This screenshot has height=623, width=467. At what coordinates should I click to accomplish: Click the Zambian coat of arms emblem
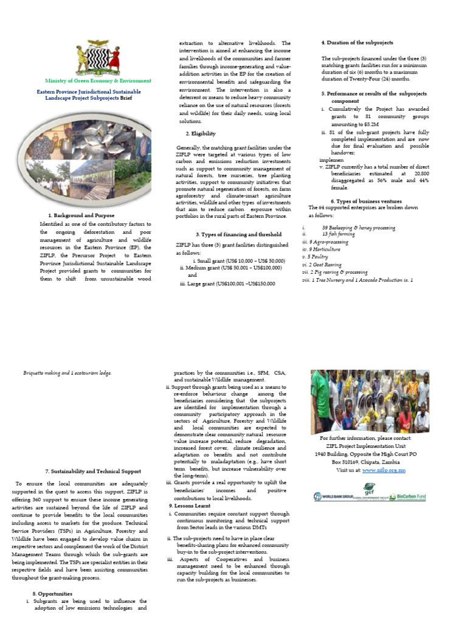[97, 58]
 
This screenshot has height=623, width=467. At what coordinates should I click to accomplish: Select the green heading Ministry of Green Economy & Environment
[99, 80]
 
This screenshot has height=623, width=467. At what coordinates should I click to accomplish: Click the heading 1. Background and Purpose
[80, 215]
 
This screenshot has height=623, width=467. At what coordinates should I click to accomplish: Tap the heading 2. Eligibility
[200, 133]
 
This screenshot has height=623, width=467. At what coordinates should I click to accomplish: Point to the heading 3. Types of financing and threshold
[230, 234]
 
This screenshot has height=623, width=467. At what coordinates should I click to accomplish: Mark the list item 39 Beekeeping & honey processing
[358, 228]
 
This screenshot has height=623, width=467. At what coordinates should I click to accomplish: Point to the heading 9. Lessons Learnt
[190, 506]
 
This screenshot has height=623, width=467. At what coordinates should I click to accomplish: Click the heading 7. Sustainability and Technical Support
[93, 471]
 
